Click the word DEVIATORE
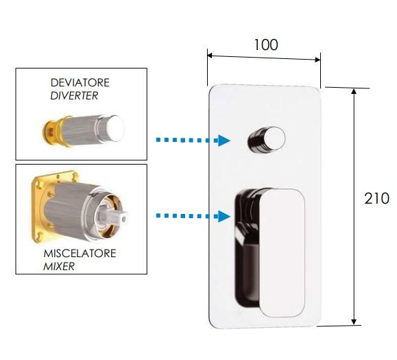80,82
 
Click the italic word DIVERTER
74,96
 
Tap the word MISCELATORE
80,254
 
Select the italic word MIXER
59,266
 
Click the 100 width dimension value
265,45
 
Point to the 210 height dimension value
376,198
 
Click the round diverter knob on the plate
266,140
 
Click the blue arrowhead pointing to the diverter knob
224,141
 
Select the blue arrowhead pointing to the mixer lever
224,216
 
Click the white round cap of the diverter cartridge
116,128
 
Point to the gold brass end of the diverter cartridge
52,131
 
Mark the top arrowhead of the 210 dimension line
354,91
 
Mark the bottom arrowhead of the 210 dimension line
354,322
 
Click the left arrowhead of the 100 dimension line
210,55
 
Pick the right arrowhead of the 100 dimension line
317,60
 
